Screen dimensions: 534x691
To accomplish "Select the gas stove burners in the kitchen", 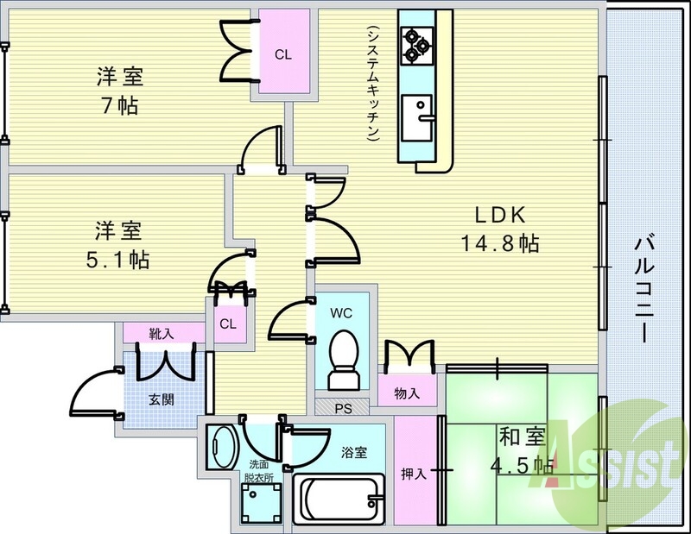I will click(417, 43).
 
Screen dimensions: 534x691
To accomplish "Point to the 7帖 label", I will click(119, 106).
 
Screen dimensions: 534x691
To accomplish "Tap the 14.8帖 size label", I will click(499, 243).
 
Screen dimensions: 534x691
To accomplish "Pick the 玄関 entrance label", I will click(162, 399).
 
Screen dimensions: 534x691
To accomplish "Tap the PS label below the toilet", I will click(340, 405).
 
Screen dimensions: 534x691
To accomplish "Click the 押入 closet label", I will click(413, 474).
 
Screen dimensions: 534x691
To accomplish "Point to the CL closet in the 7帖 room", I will click(282, 53).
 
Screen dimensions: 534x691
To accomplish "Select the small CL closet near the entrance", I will click(227, 324).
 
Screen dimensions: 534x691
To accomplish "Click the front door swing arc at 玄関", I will click(93, 393).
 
